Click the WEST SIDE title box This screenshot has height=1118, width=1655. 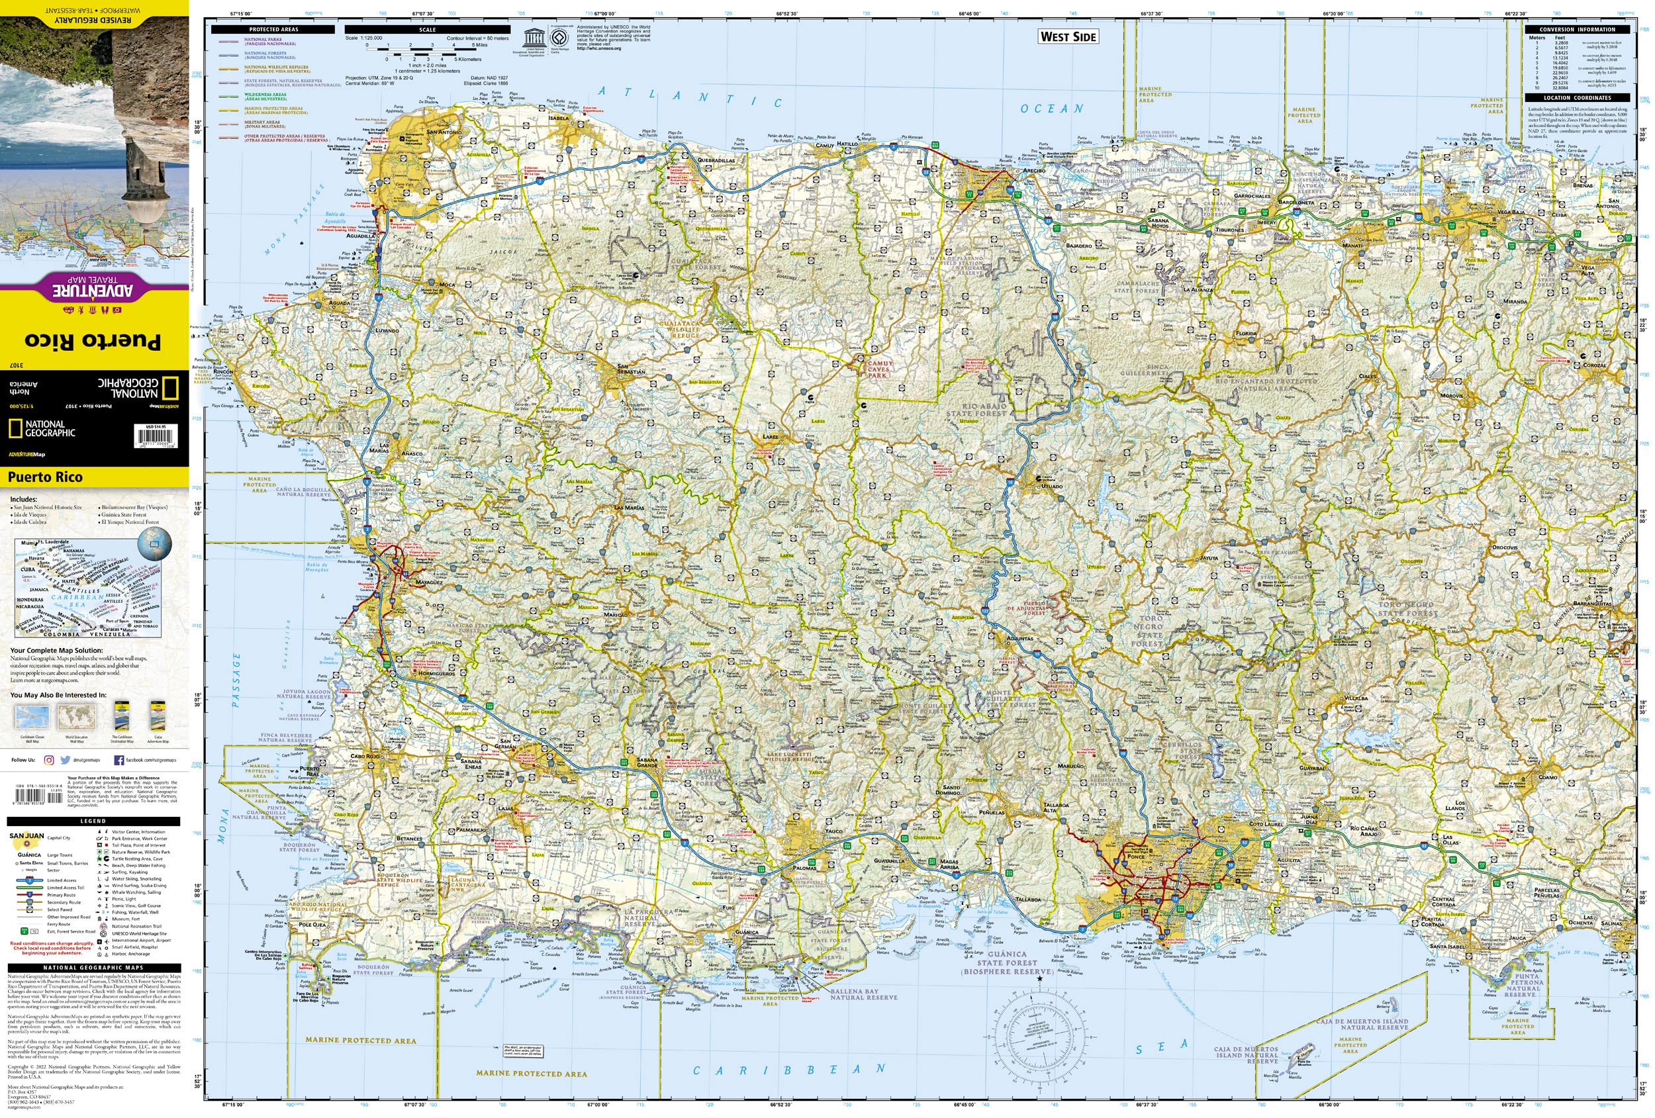(1068, 37)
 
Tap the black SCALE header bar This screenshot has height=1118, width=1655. (426, 30)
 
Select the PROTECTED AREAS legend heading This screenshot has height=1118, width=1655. (273, 30)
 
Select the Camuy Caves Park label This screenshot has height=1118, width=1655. (878, 369)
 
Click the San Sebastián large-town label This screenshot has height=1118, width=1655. (631, 372)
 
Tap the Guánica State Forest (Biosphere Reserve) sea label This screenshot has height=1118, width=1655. (1006, 962)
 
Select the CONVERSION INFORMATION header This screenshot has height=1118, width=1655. (1577, 30)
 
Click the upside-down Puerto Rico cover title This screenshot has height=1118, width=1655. (93, 340)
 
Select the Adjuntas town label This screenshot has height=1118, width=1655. (1019, 638)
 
